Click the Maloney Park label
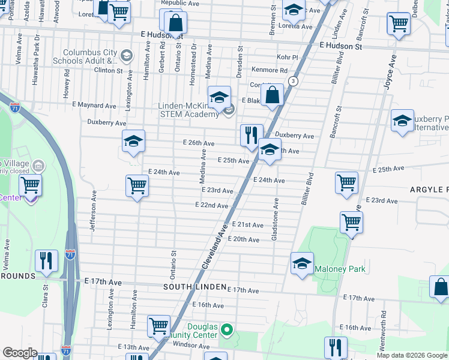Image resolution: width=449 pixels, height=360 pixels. click(x=340, y=269)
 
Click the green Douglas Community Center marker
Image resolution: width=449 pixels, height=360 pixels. click(x=227, y=329)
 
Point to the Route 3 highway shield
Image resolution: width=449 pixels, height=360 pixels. click(x=292, y=81)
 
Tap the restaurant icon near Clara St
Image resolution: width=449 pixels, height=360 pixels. click(x=46, y=261)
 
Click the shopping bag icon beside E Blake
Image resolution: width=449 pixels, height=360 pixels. click(x=272, y=96)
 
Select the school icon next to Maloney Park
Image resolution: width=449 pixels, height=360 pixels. click(x=302, y=263)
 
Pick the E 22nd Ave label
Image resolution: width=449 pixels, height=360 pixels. click(x=211, y=205)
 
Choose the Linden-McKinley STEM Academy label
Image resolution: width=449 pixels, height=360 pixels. click(x=188, y=110)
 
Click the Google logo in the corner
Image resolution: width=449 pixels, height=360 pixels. click(x=20, y=353)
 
